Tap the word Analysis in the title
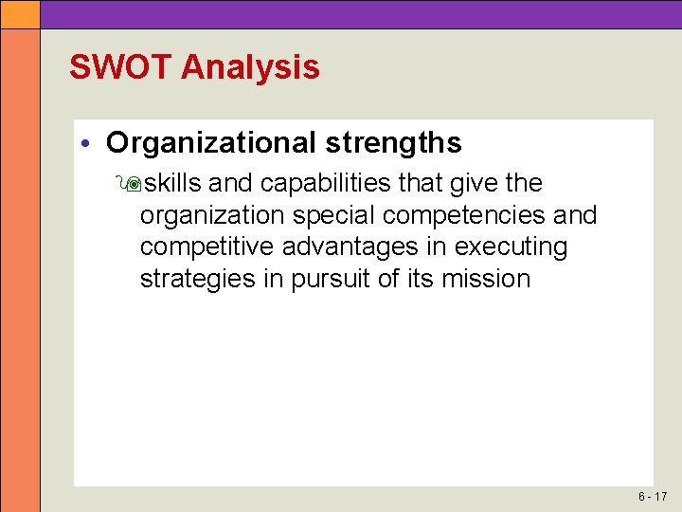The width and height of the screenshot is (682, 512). pos(250,67)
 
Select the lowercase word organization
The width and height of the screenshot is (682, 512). pos(211,215)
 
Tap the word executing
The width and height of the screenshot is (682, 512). pos(511,247)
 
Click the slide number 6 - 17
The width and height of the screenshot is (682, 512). pos(652,497)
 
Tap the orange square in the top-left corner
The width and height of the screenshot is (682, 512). pos(20,13)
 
